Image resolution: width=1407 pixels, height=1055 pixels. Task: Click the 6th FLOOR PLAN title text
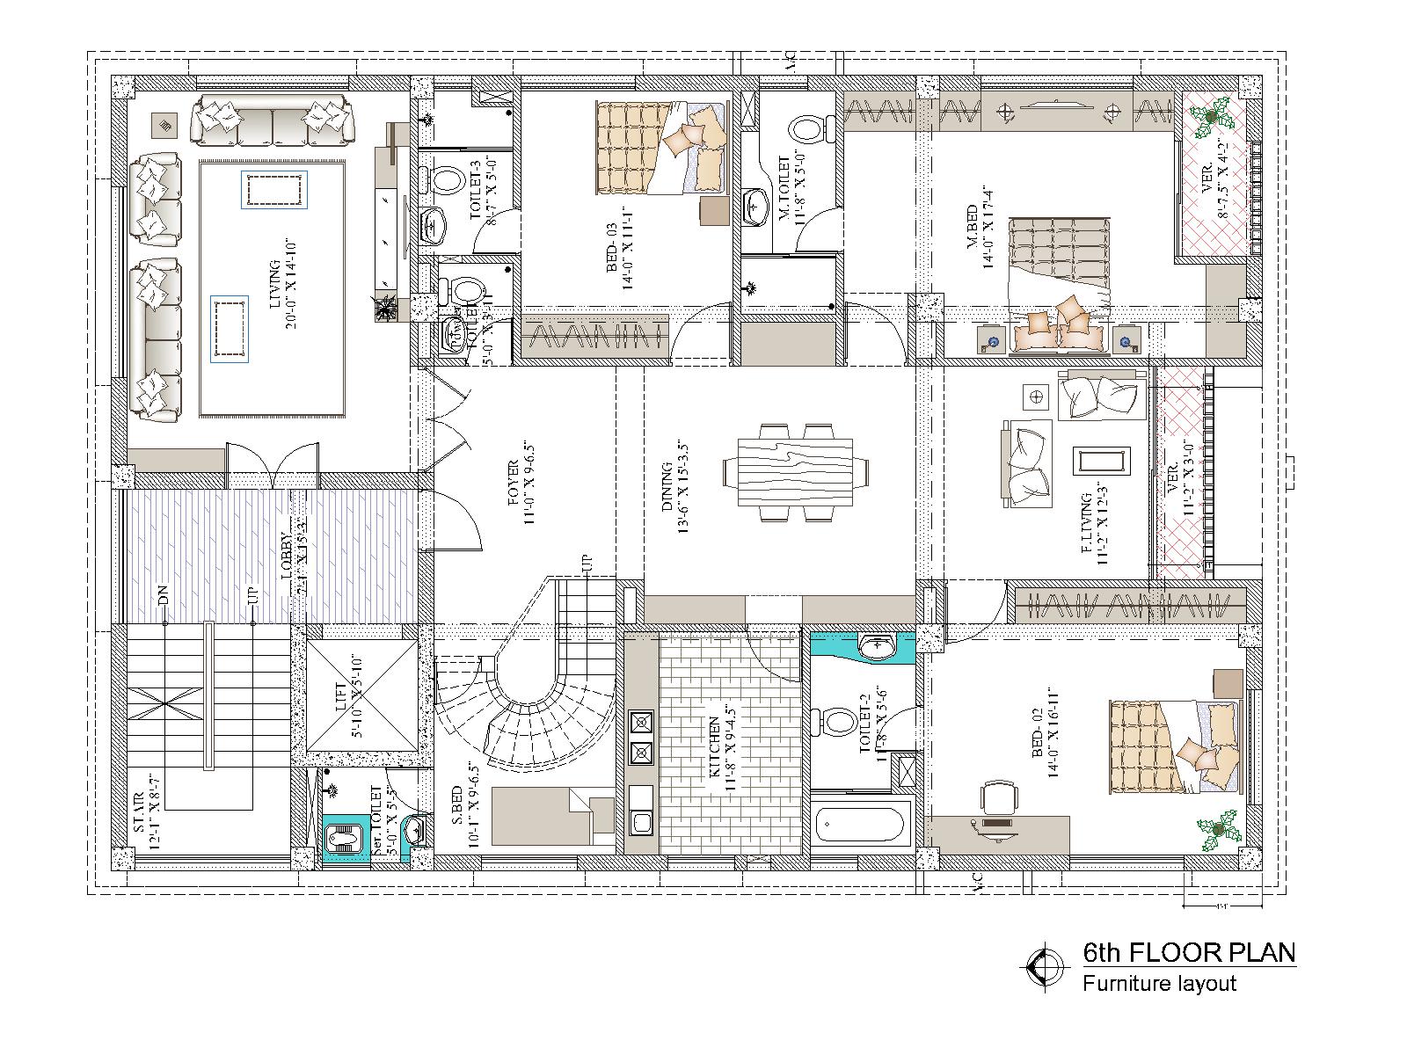1189,952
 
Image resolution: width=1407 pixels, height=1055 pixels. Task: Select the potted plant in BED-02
1219,829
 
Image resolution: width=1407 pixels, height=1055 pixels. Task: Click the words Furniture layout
1159,983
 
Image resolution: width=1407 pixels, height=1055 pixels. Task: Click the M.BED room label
976,230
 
